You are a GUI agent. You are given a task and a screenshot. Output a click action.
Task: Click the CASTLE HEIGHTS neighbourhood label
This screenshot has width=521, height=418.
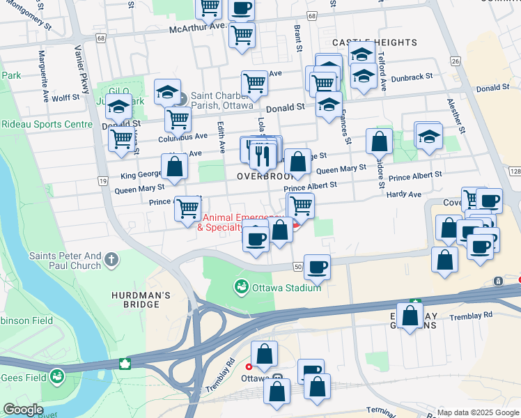(374, 42)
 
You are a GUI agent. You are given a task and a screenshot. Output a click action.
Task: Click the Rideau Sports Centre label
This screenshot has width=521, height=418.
(46, 125)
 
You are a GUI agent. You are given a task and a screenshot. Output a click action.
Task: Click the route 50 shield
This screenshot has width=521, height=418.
(297, 267)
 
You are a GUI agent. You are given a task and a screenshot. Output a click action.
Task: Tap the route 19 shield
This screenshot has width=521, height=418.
(102, 180)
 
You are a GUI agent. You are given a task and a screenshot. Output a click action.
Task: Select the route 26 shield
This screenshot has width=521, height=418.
(456, 62)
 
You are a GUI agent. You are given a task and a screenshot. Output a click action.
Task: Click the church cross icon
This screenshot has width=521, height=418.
(111, 261)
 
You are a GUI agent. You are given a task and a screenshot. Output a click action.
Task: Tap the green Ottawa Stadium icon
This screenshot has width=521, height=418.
(242, 286)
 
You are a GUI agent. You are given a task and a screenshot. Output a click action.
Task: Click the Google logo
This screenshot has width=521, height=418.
(23, 410)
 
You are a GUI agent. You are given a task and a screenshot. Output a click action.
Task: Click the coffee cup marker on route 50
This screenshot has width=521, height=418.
(317, 267)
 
